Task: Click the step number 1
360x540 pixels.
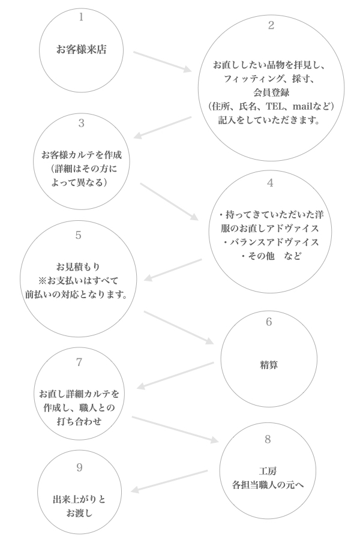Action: tap(81, 17)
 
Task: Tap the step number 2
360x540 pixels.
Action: tap(271, 25)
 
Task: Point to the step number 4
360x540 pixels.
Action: tap(270, 183)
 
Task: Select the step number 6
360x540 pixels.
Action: tap(269, 322)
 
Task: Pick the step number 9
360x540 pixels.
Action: tap(80, 468)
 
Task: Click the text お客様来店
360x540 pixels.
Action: tap(81, 50)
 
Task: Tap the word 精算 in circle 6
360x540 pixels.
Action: tap(269, 364)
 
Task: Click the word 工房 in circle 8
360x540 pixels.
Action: tap(267, 470)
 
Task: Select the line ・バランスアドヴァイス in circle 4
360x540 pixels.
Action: tap(270, 242)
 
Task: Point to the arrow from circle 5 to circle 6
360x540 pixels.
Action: tap(179, 327)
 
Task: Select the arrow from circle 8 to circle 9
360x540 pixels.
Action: tap(169, 481)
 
